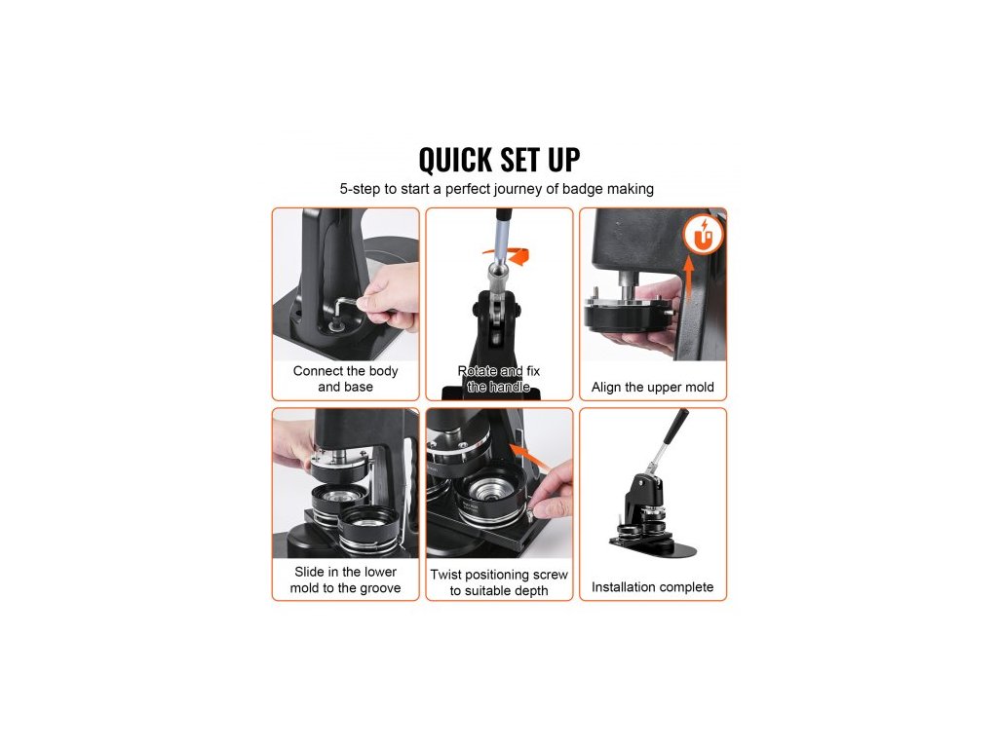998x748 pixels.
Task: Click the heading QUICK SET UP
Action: (499, 160)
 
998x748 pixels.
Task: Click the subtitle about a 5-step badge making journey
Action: (496, 189)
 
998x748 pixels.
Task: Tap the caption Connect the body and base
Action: (346, 379)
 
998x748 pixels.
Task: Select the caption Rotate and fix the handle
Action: (499, 379)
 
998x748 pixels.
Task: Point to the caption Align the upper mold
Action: (652, 387)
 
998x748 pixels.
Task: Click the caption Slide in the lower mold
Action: (346, 580)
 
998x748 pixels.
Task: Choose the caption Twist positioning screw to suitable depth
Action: (499, 582)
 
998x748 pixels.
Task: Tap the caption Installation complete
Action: (652, 586)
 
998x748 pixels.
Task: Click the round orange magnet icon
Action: (703, 234)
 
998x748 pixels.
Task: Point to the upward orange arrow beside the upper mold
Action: (688, 279)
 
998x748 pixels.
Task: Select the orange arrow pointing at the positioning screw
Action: (529, 457)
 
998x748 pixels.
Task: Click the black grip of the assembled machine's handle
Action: (676, 427)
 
